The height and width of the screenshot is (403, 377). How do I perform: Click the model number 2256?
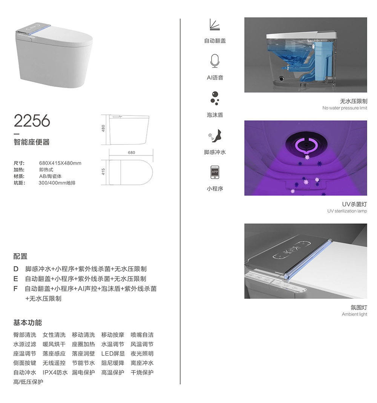tap(32, 120)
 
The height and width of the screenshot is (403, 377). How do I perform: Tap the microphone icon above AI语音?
tap(215, 61)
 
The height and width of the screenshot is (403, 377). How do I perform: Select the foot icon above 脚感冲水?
tap(215, 135)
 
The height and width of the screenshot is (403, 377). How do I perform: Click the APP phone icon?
tap(215, 172)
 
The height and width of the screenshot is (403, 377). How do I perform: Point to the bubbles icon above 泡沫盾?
tap(215, 98)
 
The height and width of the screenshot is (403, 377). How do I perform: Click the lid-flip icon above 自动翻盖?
tap(215, 25)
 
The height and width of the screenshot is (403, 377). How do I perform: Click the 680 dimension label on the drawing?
tap(132, 152)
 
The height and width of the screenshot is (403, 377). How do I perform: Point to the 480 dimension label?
tap(103, 128)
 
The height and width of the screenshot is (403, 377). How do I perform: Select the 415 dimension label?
tap(103, 172)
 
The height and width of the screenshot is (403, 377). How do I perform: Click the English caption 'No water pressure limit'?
tap(345, 108)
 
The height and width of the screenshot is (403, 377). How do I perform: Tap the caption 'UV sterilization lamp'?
tap(347, 211)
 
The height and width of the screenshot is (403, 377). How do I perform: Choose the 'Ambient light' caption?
tap(354, 314)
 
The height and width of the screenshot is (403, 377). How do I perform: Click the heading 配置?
tap(20, 256)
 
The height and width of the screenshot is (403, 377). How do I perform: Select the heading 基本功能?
tap(28, 323)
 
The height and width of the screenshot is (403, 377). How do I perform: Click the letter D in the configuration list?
tap(16, 269)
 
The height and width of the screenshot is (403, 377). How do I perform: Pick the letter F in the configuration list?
tap(15, 289)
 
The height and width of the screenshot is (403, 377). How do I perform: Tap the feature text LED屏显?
tap(113, 354)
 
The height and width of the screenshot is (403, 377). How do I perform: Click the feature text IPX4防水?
tap(55, 372)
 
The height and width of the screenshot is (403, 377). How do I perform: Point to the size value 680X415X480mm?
tap(60, 163)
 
